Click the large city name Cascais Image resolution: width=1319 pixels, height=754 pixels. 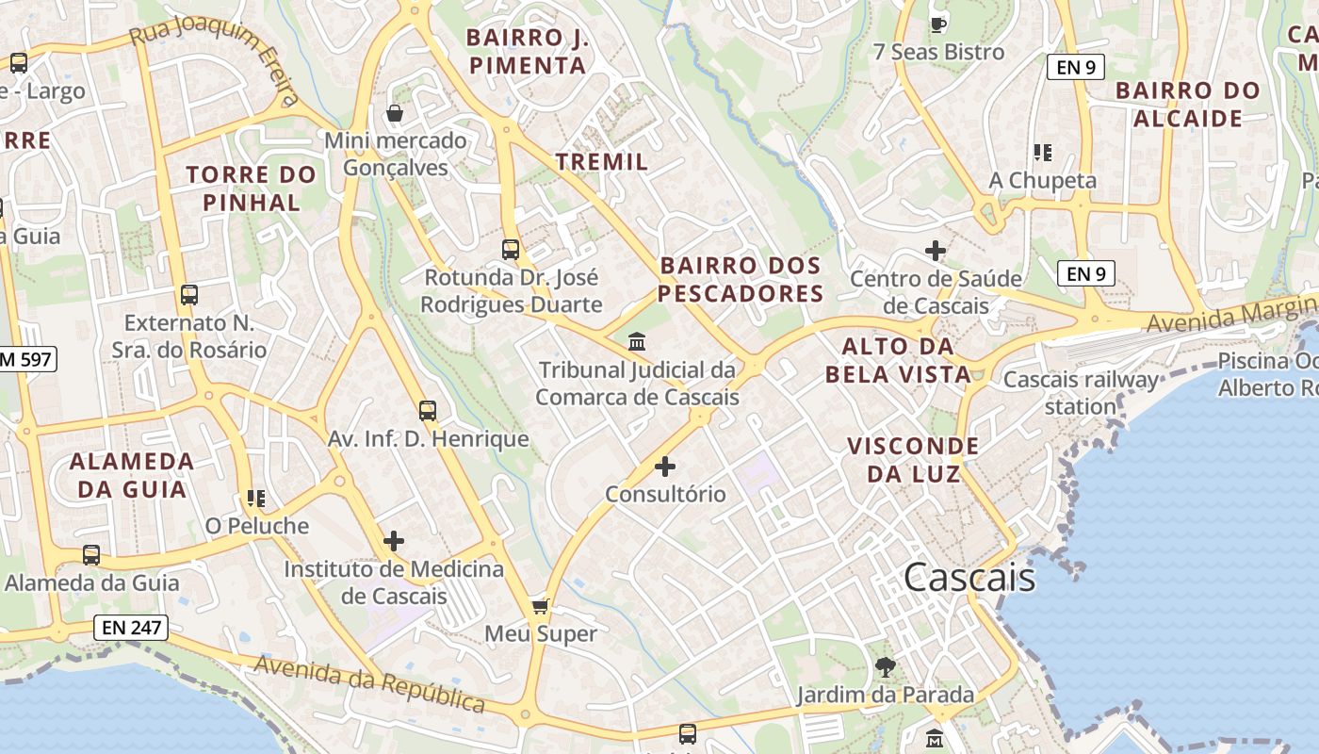point(969,577)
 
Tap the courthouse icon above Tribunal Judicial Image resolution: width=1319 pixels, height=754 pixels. point(637,341)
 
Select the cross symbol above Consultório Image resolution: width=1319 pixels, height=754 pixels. point(665,466)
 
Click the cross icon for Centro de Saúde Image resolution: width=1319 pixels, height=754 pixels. point(935,251)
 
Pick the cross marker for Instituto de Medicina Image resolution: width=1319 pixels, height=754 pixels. point(394,541)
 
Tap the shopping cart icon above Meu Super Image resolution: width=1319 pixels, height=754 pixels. point(540,605)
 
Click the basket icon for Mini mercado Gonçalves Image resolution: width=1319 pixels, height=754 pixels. point(395,114)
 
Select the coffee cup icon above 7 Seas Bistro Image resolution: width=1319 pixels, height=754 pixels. point(937,25)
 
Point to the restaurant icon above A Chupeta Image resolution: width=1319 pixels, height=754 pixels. point(1042,152)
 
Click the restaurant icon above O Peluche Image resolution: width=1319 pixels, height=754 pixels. point(256,498)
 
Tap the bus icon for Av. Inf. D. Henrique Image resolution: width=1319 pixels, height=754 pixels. point(428,411)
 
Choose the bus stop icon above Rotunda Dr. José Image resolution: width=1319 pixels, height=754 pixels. point(511,250)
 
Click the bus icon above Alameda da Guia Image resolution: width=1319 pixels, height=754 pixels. point(91,555)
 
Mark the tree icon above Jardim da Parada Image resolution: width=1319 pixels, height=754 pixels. point(885,667)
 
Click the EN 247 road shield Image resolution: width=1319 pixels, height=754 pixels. point(131,627)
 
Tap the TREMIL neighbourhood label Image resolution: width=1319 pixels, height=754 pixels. point(602,161)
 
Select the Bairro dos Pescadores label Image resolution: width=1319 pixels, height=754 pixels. point(741,279)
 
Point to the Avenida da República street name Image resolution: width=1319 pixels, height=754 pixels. point(369,683)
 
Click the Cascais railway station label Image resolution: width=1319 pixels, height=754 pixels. point(1081,393)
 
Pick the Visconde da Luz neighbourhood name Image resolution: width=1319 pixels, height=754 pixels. point(913,459)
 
